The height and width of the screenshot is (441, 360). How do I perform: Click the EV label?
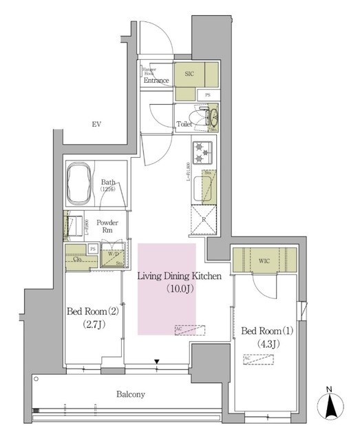(97, 124)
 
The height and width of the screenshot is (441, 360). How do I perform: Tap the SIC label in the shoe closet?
(189, 72)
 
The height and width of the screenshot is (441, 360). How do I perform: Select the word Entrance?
(156, 81)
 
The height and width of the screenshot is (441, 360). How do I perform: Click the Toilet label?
(184, 125)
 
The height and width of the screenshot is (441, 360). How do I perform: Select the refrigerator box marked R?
(204, 219)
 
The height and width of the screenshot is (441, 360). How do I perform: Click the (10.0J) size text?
(178, 289)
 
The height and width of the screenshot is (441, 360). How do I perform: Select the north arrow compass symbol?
(330, 405)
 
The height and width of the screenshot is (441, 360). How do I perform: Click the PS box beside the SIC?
(207, 94)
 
